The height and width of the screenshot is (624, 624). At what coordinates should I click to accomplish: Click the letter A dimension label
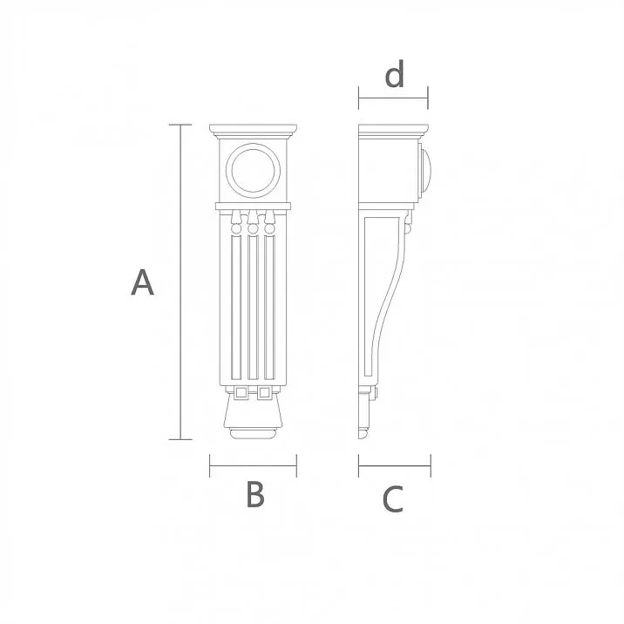[142, 282]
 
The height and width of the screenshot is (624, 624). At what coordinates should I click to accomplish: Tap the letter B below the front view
[254, 494]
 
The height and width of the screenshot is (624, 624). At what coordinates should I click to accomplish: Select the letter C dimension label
[393, 499]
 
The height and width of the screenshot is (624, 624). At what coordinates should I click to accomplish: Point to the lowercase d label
[395, 76]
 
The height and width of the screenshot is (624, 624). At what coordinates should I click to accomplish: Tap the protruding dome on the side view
[426, 170]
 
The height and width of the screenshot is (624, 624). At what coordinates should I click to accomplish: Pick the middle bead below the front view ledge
[254, 229]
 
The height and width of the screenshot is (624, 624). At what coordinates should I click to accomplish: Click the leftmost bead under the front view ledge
[235, 228]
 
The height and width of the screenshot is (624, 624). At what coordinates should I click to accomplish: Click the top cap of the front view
[254, 132]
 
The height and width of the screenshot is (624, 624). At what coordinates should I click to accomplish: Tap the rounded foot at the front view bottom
[254, 432]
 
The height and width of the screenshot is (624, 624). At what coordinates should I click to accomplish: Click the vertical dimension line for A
[180, 282]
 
